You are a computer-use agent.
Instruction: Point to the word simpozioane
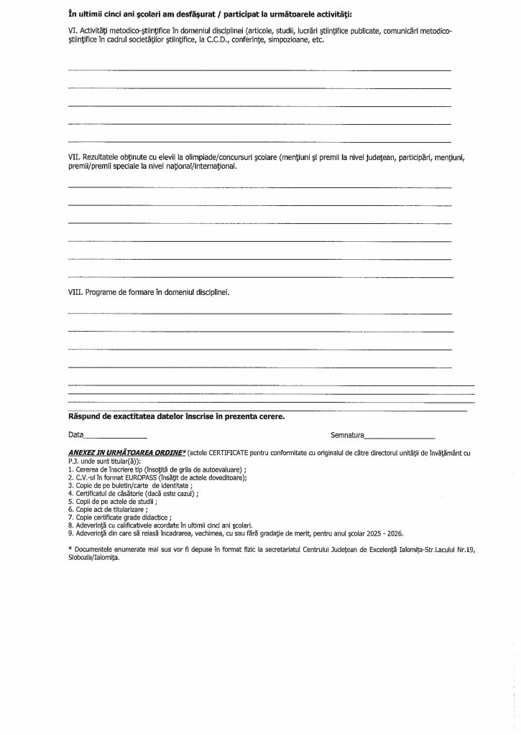(x=289, y=41)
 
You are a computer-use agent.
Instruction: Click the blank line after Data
(x=116, y=436)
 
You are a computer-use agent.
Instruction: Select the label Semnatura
(x=348, y=435)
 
